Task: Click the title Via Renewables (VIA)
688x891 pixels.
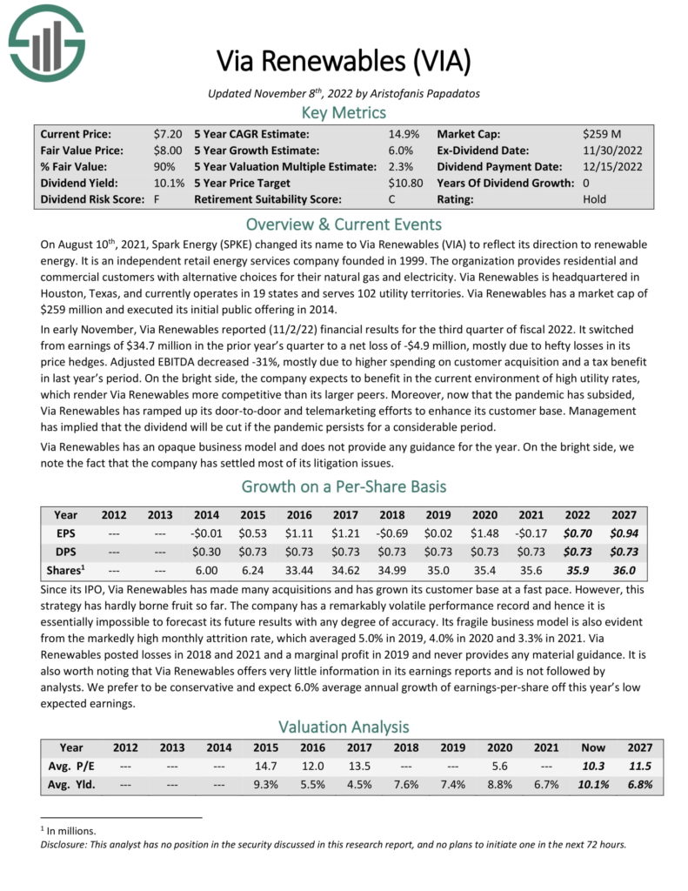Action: [344, 62]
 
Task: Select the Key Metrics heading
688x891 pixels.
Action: [344, 112]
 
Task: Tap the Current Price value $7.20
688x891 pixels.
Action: [167, 134]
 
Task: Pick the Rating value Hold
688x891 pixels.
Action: [596, 199]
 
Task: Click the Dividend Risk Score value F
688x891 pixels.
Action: [157, 199]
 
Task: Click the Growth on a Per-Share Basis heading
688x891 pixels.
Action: [344, 486]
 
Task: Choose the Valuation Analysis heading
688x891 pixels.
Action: [344, 726]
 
